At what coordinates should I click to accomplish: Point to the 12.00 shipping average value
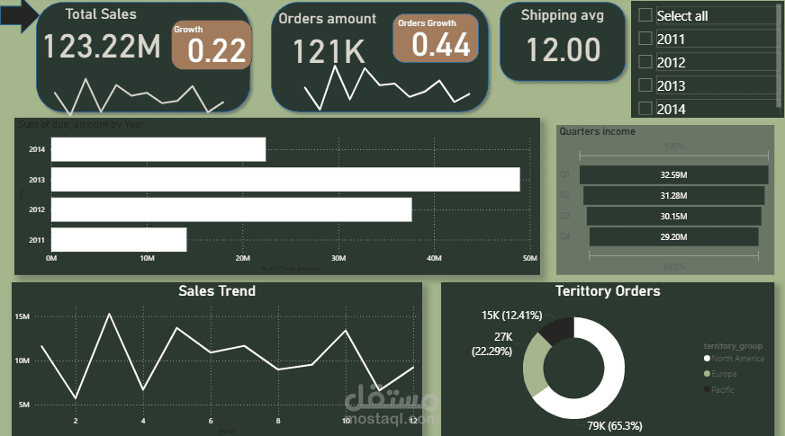point(564,49)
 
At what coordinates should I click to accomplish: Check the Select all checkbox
point(645,15)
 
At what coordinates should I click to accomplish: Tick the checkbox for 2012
point(645,62)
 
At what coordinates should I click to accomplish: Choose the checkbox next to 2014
point(645,109)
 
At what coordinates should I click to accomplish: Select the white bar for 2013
point(285,179)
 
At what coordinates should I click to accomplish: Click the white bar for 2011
point(119,239)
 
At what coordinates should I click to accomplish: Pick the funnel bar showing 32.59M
point(673,174)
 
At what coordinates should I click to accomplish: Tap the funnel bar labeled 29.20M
point(673,236)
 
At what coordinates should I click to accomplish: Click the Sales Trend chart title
point(217,291)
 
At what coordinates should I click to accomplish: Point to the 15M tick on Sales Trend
point(23,316)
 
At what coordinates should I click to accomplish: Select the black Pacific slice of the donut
point(555,329)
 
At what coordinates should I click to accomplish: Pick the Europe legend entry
point(724,374)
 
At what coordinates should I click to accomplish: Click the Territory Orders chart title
point(608,291)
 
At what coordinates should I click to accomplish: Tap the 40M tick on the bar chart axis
point(434,259)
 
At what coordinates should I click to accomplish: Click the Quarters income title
point(597,131)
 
